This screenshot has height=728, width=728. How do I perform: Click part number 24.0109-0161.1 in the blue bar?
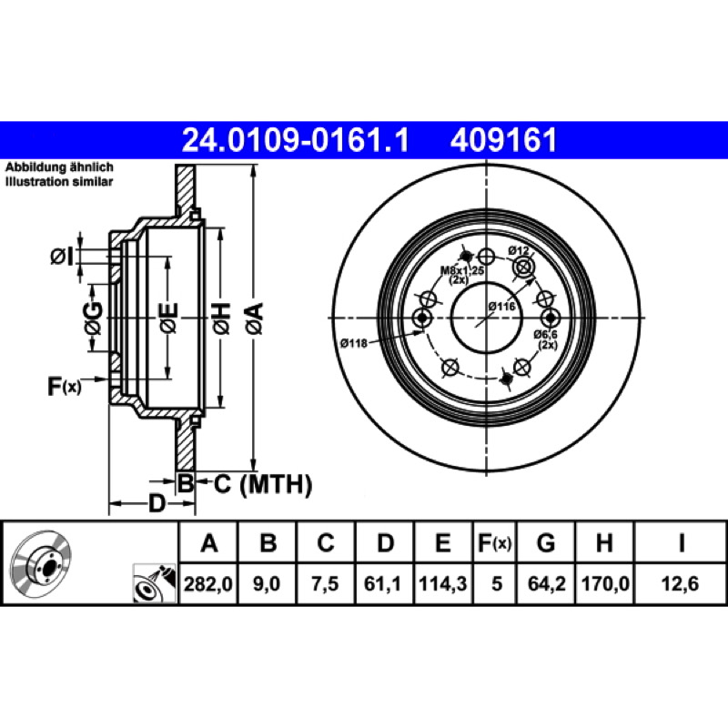tap(295, 140)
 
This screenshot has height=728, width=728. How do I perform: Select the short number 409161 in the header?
tap(503, 140)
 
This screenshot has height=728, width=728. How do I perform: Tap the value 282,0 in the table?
tap(208, 583)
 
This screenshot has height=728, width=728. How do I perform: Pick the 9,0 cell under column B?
tap(267, 583)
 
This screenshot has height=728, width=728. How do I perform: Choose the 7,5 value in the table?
tap(325, 583)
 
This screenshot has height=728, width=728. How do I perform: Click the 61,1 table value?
tap(383, 583)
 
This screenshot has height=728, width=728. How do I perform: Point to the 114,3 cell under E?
tap(443, 583)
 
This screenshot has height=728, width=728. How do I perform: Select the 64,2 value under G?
tap(547, 583)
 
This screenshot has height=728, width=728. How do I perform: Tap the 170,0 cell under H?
tap(605, 583)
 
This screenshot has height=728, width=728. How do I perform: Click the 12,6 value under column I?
tap(680, 583)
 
